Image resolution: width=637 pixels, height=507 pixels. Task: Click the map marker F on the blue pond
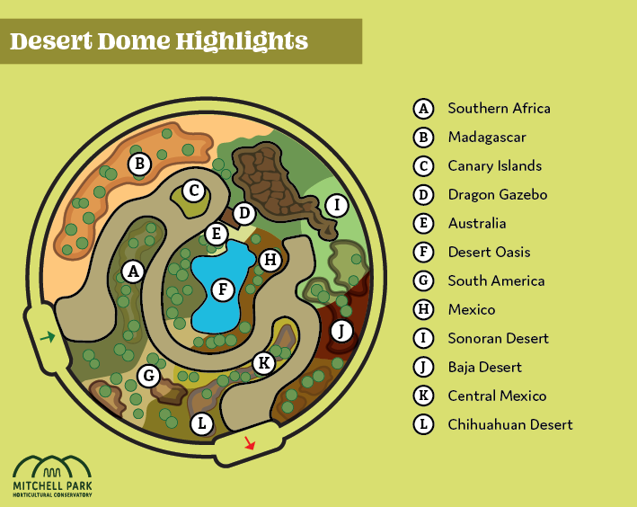221,289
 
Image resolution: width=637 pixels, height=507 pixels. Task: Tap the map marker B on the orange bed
138,164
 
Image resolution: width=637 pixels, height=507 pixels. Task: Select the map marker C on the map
192,191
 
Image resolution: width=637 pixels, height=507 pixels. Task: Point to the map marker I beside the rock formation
336,205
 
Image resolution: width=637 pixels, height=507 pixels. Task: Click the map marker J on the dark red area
340,331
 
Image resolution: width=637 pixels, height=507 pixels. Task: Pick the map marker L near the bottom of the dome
201,422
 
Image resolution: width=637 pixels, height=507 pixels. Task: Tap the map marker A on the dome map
133,270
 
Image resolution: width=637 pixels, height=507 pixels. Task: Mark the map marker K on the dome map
263,363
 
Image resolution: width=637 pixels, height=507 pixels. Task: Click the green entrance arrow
47,337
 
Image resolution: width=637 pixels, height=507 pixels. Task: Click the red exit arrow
250,443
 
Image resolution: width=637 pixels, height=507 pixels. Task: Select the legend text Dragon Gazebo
497,194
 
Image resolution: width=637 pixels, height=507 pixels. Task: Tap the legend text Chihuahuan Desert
509,424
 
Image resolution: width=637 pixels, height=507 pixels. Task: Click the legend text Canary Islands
494,165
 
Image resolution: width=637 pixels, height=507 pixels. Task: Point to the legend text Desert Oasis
489,252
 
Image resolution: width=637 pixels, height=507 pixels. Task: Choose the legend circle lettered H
423,309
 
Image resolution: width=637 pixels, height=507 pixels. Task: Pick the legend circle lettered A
423,108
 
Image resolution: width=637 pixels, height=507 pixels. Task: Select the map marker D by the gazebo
243,214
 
